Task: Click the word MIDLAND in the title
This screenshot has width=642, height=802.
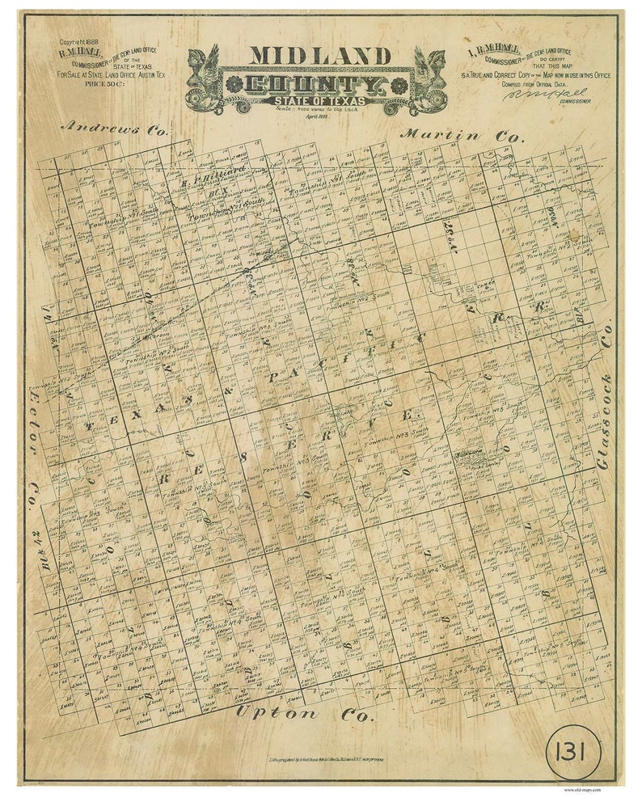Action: pos(320,55)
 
